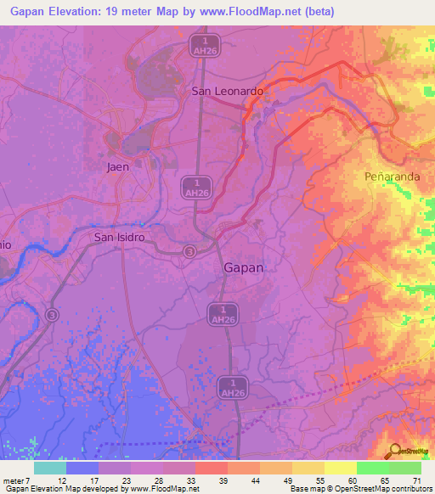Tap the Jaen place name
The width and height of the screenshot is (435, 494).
[x=118, y=166]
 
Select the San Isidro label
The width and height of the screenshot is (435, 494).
[x=120, y=238]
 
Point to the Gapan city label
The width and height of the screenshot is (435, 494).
[x=243, y=267]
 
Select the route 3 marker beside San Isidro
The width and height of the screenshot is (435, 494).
[x=190, y=251]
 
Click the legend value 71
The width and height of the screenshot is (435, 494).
[x=416, y=480]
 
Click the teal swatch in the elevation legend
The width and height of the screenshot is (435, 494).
[x=50, y=468]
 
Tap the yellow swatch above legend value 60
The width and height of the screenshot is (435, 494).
[x=341, y=468]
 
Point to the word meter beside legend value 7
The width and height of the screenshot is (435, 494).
[x=14, y=480]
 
